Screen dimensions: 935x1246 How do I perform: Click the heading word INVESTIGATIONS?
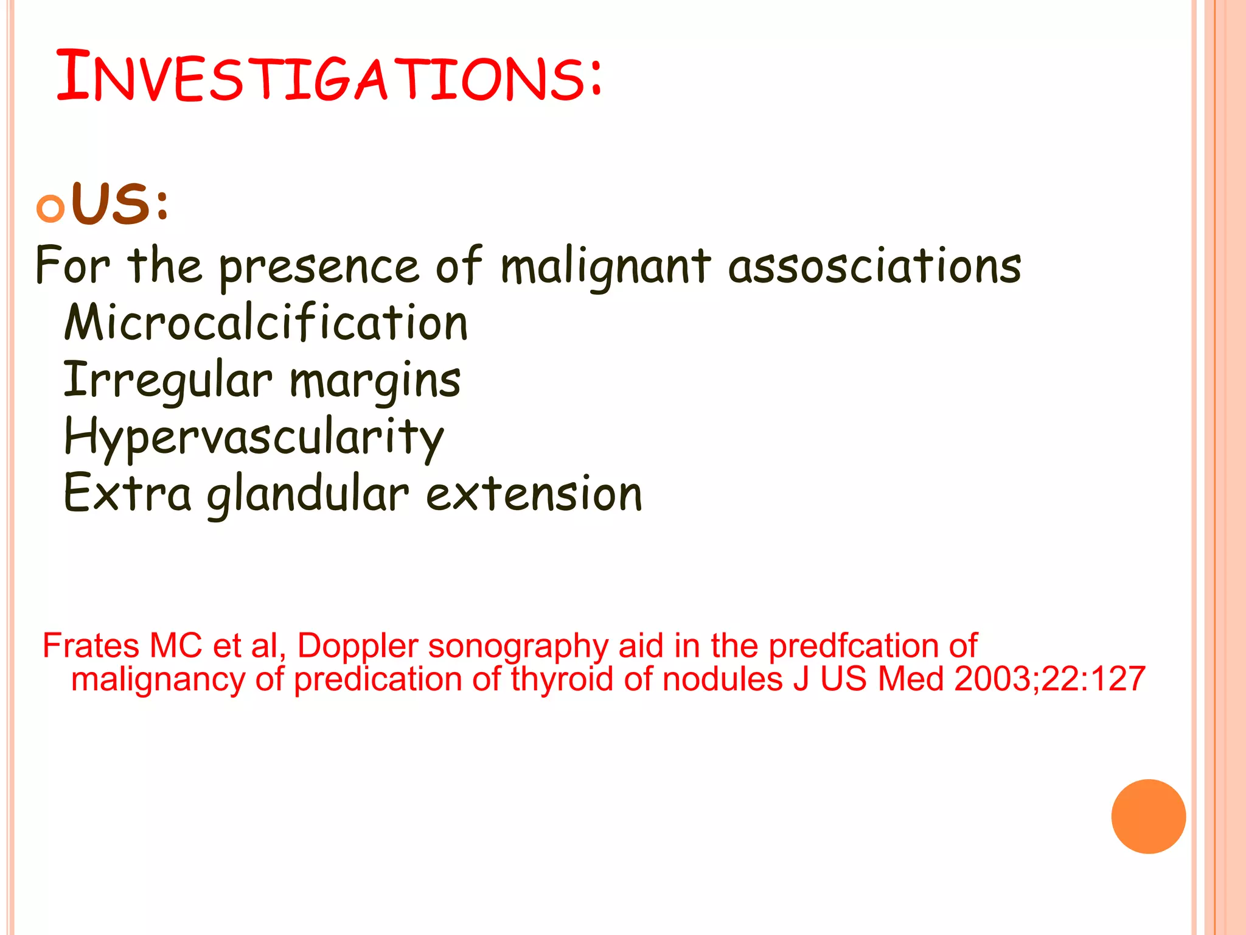pos(329,77)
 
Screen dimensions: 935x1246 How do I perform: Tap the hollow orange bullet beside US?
pos(50,209)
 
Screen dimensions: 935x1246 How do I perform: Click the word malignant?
pos(605,268)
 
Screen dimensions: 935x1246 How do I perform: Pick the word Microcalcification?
pos(266,322)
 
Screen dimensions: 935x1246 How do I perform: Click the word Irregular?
pos(168,380)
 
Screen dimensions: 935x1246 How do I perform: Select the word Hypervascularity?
pos(254,437)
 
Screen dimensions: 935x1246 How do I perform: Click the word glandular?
pos(308,494)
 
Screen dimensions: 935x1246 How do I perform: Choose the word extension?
pos(534,493)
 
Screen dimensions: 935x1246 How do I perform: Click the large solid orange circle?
pos(1148,816)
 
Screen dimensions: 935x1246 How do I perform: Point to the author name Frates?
pos(91,645)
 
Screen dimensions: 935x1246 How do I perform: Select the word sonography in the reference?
pos(518,646)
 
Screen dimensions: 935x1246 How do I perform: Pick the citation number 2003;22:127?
pos(1049,679)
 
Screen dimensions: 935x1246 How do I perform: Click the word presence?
pos(319,268)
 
